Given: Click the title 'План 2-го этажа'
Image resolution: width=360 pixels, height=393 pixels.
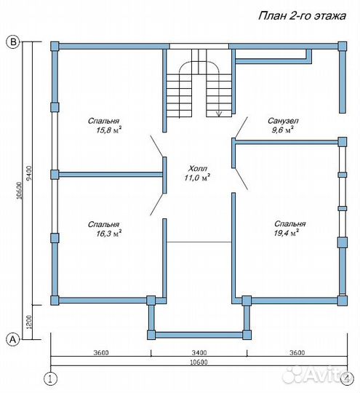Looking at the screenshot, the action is (302, 16).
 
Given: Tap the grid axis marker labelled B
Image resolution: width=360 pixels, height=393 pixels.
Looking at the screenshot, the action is (13, 41).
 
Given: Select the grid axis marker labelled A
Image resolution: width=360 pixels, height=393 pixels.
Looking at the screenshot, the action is (12, 339).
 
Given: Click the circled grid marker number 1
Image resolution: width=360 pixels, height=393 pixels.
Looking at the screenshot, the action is (50, 378).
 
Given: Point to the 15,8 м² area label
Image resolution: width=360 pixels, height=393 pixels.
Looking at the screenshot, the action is (109, 130).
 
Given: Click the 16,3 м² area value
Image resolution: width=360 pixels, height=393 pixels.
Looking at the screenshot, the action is (109, 234).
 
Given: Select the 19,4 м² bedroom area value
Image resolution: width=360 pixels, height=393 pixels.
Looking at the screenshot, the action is (287, 233).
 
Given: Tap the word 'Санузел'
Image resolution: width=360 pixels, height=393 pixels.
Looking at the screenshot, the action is (283, 121).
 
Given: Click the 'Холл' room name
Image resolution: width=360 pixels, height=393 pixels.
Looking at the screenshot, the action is (198, 168).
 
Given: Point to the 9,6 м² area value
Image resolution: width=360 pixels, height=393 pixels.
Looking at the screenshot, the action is (283, 130).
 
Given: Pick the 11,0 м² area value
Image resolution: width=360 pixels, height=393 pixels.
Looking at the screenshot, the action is (197, 178).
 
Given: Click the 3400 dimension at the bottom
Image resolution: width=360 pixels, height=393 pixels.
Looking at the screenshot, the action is (199, 353).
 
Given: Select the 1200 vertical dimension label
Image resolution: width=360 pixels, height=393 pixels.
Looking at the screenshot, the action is (29, 322).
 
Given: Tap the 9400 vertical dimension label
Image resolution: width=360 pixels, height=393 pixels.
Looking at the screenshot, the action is (29, 173).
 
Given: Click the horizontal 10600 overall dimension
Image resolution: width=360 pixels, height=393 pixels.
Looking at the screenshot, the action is (199, 362).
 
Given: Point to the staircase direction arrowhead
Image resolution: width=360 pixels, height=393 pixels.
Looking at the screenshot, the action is (219, 114).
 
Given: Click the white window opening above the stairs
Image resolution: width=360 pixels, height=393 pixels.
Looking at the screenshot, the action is (199, 47).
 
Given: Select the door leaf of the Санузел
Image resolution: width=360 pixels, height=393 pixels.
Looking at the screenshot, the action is (241, 127).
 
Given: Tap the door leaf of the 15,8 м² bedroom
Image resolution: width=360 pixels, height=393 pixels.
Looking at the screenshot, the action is (156, 146).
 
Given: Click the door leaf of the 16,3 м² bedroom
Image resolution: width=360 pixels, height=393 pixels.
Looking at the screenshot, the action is (156, 205).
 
